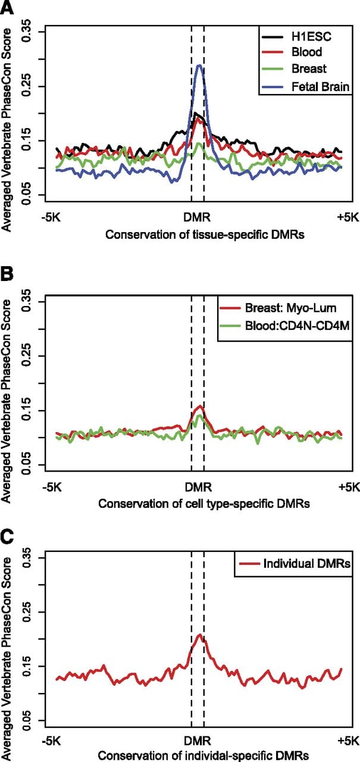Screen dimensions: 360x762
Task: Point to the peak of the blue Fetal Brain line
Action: point(199,65)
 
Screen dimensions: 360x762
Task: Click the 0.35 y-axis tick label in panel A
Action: point(26,32)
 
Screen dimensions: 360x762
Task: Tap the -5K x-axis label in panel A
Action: point(51,217)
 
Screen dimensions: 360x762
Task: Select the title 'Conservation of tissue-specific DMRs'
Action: point(205,235)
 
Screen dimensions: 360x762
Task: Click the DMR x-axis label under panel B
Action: point(198,487)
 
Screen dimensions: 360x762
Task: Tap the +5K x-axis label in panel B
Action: point(349,487)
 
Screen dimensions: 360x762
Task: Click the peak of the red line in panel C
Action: point(199,635)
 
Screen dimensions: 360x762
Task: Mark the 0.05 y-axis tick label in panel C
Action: point(26,720)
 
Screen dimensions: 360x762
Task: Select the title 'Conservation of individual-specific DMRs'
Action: point(204,756)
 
